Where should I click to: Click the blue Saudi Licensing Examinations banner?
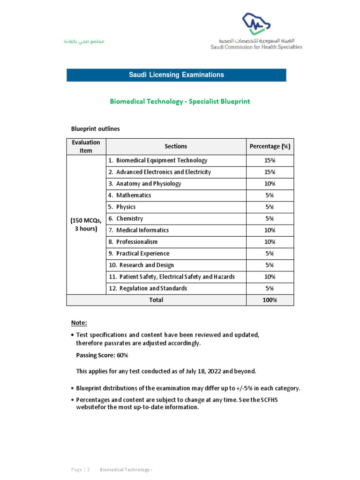tap(176, 75)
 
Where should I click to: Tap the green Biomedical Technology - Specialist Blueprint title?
tap(180, 102)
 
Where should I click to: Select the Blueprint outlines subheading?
tap(95, 128)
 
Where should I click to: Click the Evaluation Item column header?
tap(86, 146)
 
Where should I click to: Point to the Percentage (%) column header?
tap(270, 146)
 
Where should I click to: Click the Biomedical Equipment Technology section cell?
tap(162, 160)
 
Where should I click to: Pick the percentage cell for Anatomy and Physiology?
tap(270, 184)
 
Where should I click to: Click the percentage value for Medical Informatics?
tap(270, 230)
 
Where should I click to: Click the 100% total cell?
tap(270, 300)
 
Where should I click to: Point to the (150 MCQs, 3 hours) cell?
tap(86, 225)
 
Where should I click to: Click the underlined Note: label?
tap(79, 323)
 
